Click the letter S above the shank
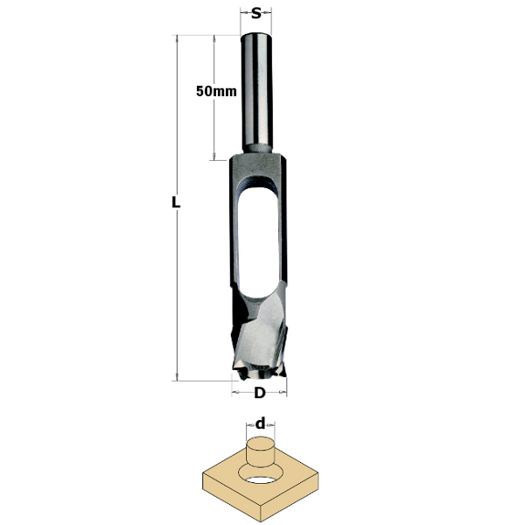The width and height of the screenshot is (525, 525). [255, 13]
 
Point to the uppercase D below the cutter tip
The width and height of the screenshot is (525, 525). [259, 393]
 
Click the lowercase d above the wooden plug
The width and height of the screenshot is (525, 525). [260, 423]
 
